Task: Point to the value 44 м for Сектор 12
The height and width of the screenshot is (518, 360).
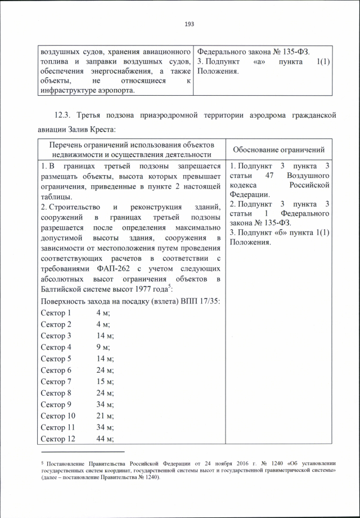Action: coord(105,439)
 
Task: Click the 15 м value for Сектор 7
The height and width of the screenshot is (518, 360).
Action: coord(105,382)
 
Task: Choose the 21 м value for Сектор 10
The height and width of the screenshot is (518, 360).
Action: coord(105,416)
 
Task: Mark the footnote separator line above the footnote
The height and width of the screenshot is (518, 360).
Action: coord(83,452)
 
